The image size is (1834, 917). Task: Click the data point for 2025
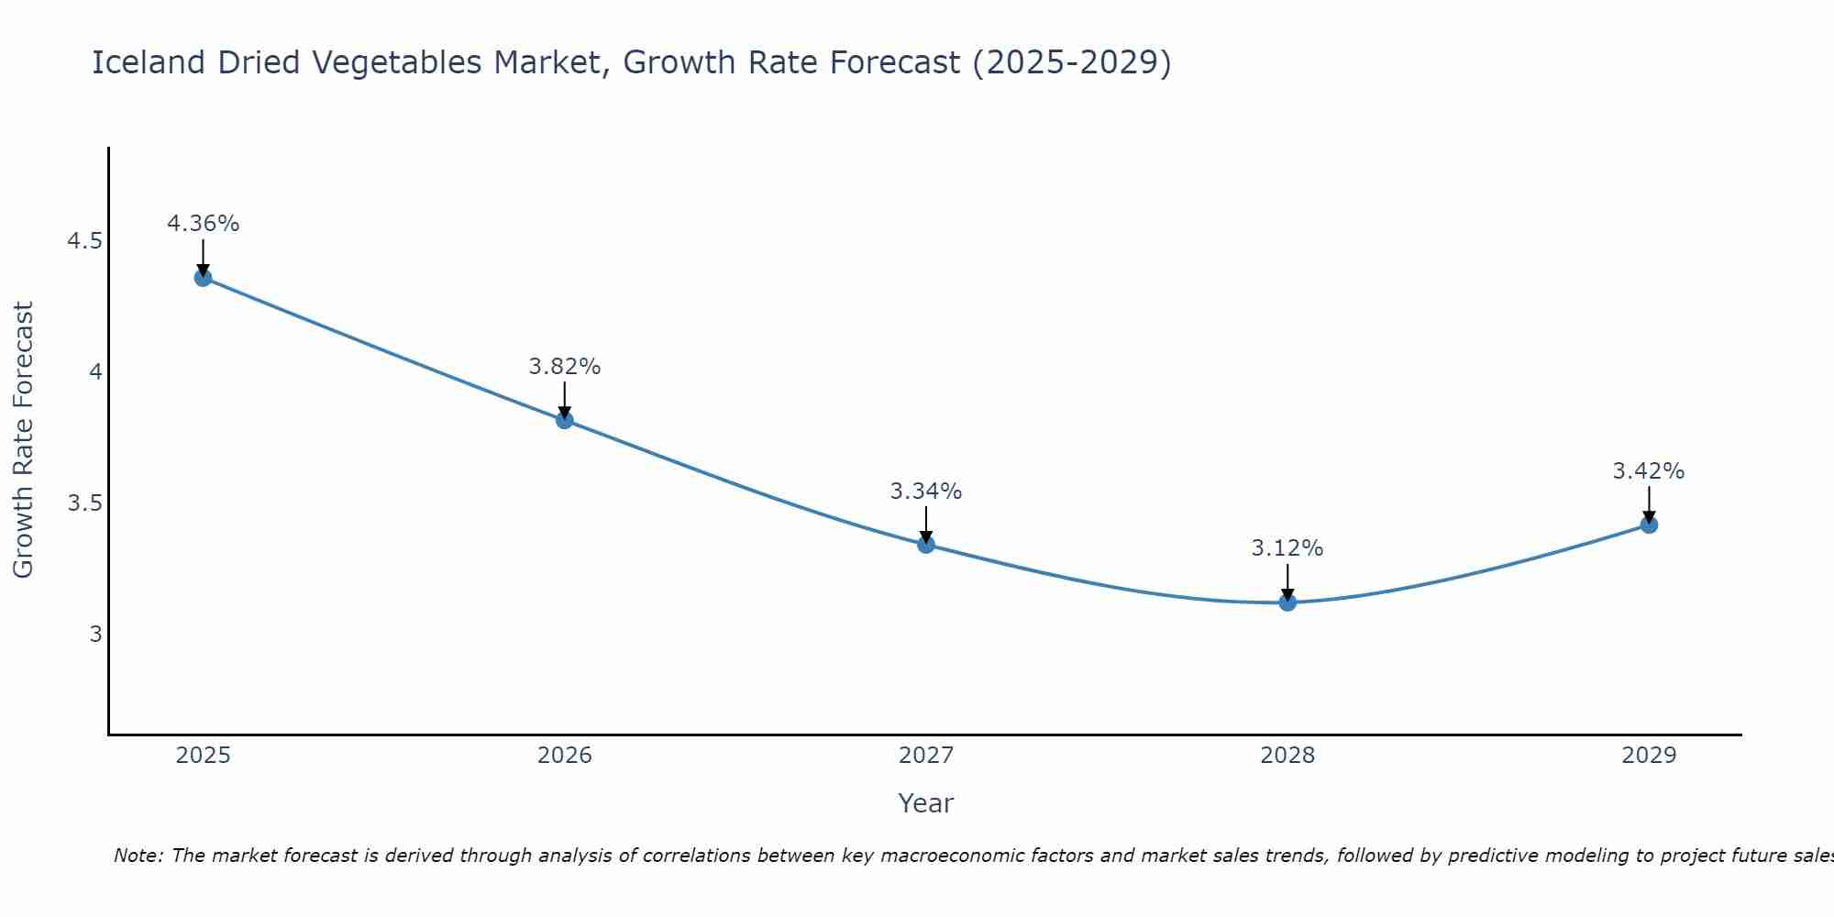pyautogui.click(x=204, y=278)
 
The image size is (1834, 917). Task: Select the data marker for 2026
pyautogui.click(x=565, y=420)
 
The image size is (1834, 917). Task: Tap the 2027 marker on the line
pyautogui.click(x=926, y=545)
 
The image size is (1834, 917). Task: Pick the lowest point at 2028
pyautogui.click(x=1287, y=602)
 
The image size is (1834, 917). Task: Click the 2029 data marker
pyautogui.click(x=1649, y=525)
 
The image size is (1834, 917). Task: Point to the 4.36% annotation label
pyautogui.click(x=204, y=224)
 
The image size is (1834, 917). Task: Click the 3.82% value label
pyautogui.click(x=565, y=367)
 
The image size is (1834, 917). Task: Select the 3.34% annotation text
pyautogui.click(x=926, y=492)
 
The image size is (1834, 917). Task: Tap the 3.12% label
pyautogui.click(x=1287, y=548)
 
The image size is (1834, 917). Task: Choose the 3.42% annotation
pyautogui.click(x=1649, y=471)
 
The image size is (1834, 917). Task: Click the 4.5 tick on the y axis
pyautogui.click(x=84, y=241)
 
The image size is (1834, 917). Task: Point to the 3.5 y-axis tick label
pyautogui.click(x=84, y=503)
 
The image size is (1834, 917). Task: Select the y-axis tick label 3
pyautogui.click(x=96, y=634)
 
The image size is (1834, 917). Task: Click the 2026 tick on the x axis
pyautogui.click(x=565, y=756)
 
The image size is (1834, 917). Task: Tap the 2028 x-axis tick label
pyautogui.click(x=1287, y=756)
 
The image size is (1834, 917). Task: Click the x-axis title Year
pyautogui.click(x=926, y=803)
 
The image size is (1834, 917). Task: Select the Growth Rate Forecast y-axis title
pyautogui.click(x=23, y=440)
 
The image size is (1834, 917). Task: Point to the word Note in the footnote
pyautogui.click(x=138, y=856)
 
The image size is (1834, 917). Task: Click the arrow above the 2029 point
pyautogui.click(x=1649, y=504)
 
